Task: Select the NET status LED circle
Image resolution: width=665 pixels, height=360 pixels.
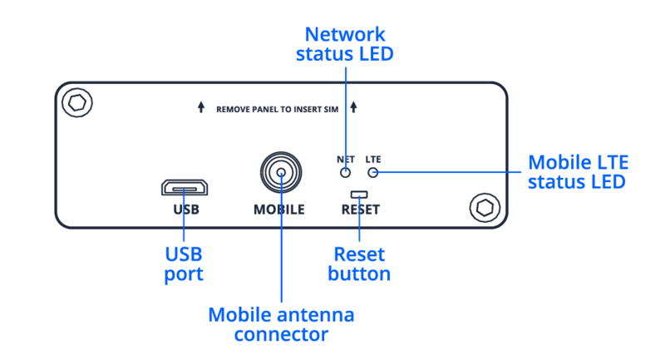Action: coord(346,172)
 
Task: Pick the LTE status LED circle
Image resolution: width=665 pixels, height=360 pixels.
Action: coord(373,172)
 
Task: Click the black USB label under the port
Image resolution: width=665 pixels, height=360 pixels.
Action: coord(186,210)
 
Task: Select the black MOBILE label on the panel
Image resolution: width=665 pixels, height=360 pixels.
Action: coord(279,210)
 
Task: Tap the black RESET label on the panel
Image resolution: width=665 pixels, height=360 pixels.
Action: coord(360,210)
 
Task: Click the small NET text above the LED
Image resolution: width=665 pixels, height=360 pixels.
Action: coord(346,159)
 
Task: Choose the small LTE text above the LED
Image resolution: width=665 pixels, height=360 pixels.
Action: coord(373,159)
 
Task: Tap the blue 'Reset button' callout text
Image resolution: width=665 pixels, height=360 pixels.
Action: coord(359,264)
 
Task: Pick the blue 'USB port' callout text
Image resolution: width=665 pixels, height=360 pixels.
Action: coord(183,264)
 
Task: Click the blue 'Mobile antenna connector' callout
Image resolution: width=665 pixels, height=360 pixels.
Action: coord(281,325)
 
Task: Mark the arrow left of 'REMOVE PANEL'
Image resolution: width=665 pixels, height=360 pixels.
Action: coord(200,108)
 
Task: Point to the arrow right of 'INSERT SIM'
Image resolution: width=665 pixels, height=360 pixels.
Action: coord(354,108)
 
